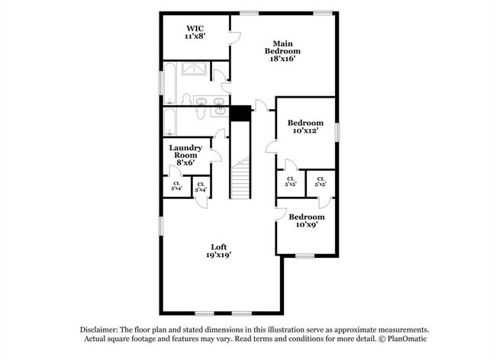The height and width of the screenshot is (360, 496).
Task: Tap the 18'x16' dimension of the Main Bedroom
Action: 277,59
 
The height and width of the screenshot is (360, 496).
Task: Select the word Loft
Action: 219,246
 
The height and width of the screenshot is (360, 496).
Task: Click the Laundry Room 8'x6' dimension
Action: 185,162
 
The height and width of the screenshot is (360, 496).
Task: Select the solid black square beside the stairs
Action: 241,113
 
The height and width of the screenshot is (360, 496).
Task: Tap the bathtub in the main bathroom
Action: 170,82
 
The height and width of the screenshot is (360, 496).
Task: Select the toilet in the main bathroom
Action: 185,99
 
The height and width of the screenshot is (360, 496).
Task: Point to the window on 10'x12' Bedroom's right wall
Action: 337,130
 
